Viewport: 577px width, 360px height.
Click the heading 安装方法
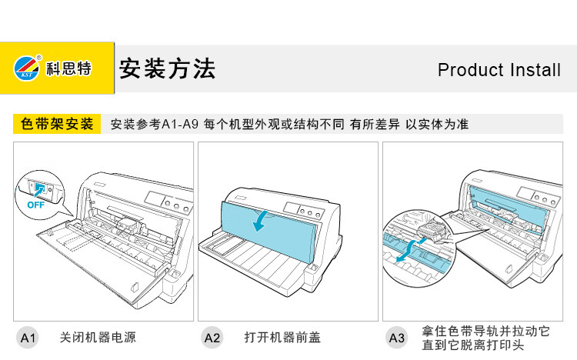167,68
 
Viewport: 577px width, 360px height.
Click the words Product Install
499,70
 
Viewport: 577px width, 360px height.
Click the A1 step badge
28,337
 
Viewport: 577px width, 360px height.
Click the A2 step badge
212,337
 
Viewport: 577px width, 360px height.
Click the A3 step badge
396,337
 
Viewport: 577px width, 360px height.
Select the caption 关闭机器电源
98,337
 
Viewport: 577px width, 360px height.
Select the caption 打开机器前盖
282,337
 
